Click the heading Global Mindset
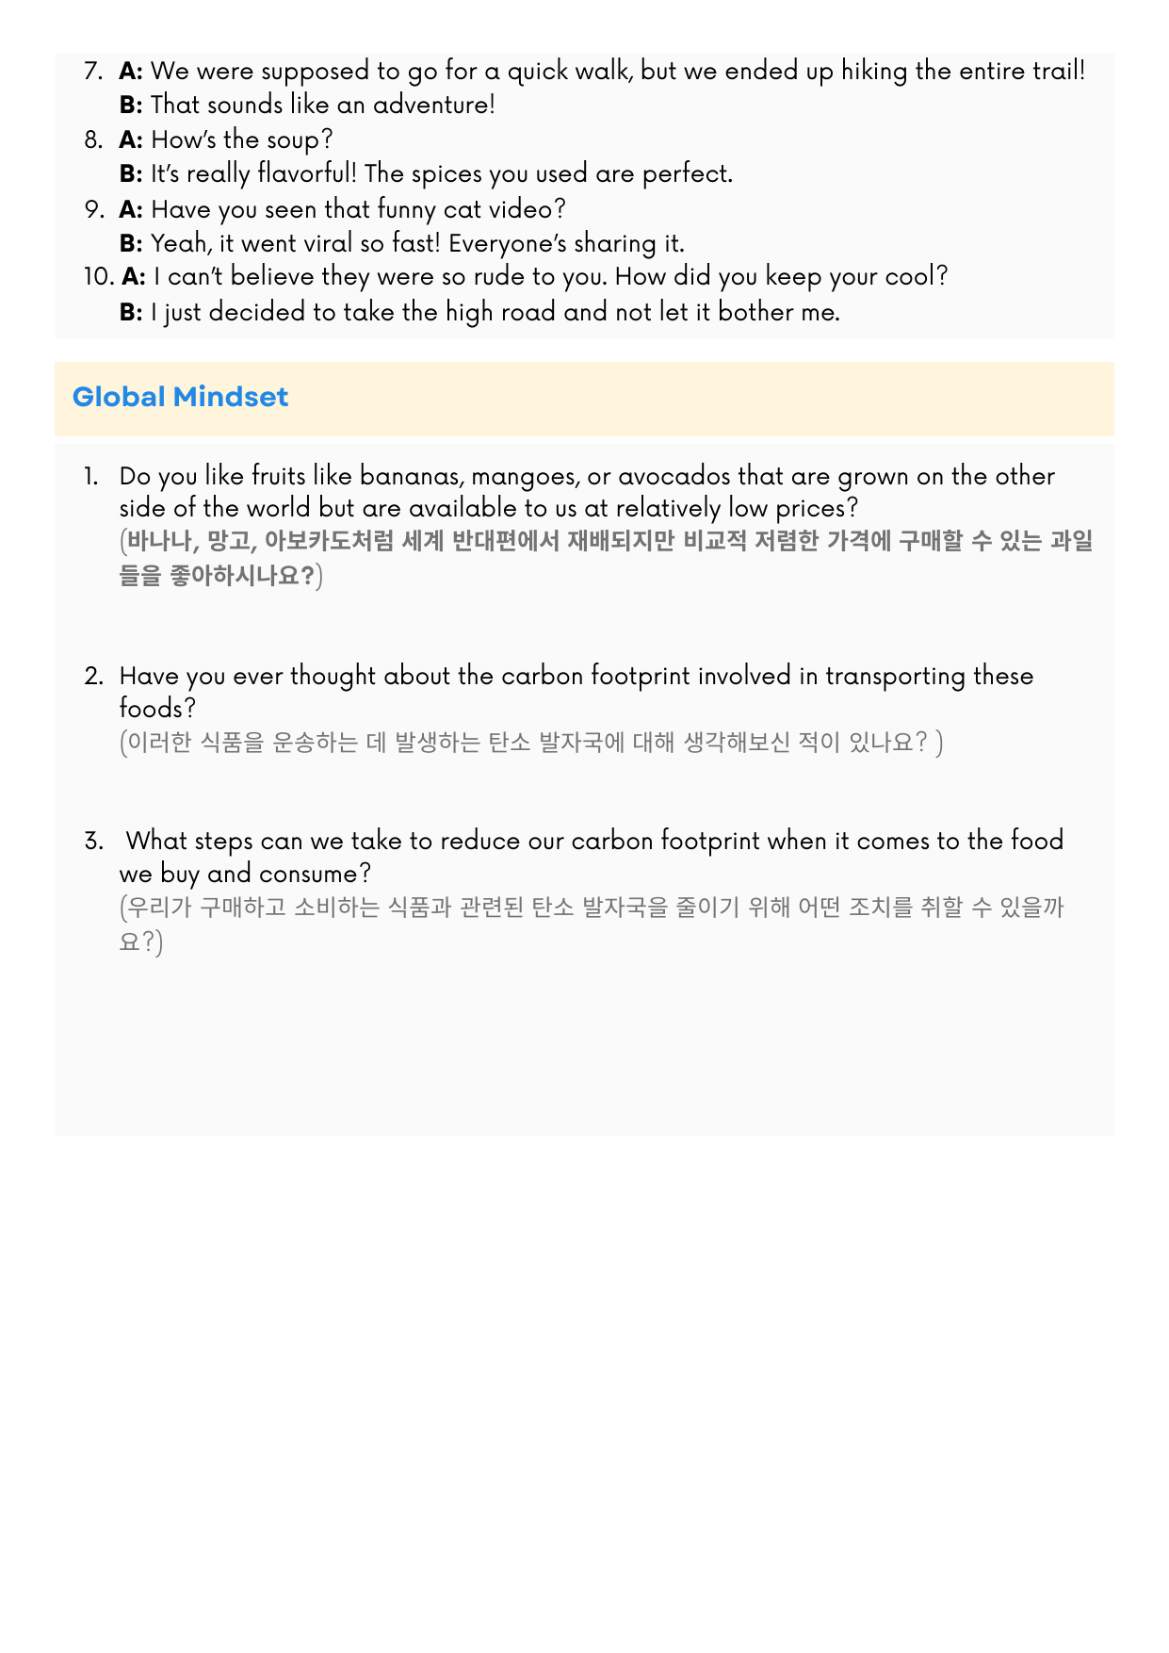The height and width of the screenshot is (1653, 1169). (180, 397)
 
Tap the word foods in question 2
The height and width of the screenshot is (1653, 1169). (152, 709)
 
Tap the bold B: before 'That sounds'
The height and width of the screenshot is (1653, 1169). (131, 105)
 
